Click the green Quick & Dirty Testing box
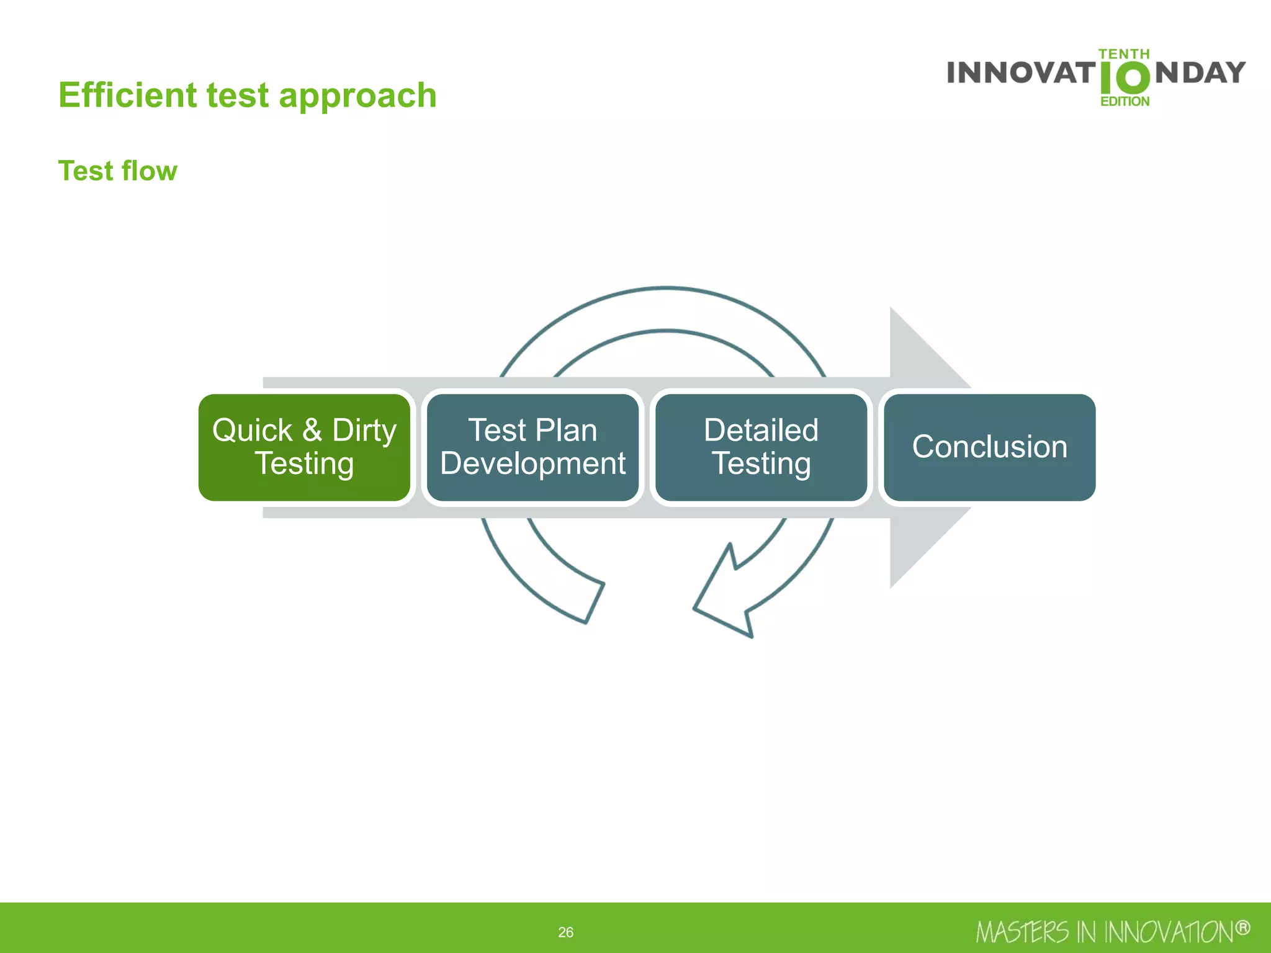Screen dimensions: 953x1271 [304, 447]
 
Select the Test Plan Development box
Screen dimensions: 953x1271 [532, 447]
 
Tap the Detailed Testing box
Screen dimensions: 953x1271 [761, 447]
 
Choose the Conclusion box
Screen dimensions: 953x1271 [989, 447]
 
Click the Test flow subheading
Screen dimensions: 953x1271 [118, 171]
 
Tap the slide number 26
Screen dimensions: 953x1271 [565, 932]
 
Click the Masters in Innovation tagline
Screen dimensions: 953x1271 [1105, 932]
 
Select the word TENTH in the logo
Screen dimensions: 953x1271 [1124, 54]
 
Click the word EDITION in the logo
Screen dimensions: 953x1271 [1125, 101]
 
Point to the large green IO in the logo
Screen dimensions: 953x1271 [1125, 78]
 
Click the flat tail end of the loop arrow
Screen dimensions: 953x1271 [594, 602]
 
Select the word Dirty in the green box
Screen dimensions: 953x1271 [364, 430]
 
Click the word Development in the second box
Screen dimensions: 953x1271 [532, 463]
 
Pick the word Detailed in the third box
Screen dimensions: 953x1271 [761, 430]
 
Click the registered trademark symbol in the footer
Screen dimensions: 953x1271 [1242, 928]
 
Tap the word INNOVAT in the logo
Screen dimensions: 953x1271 [1021, 73]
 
